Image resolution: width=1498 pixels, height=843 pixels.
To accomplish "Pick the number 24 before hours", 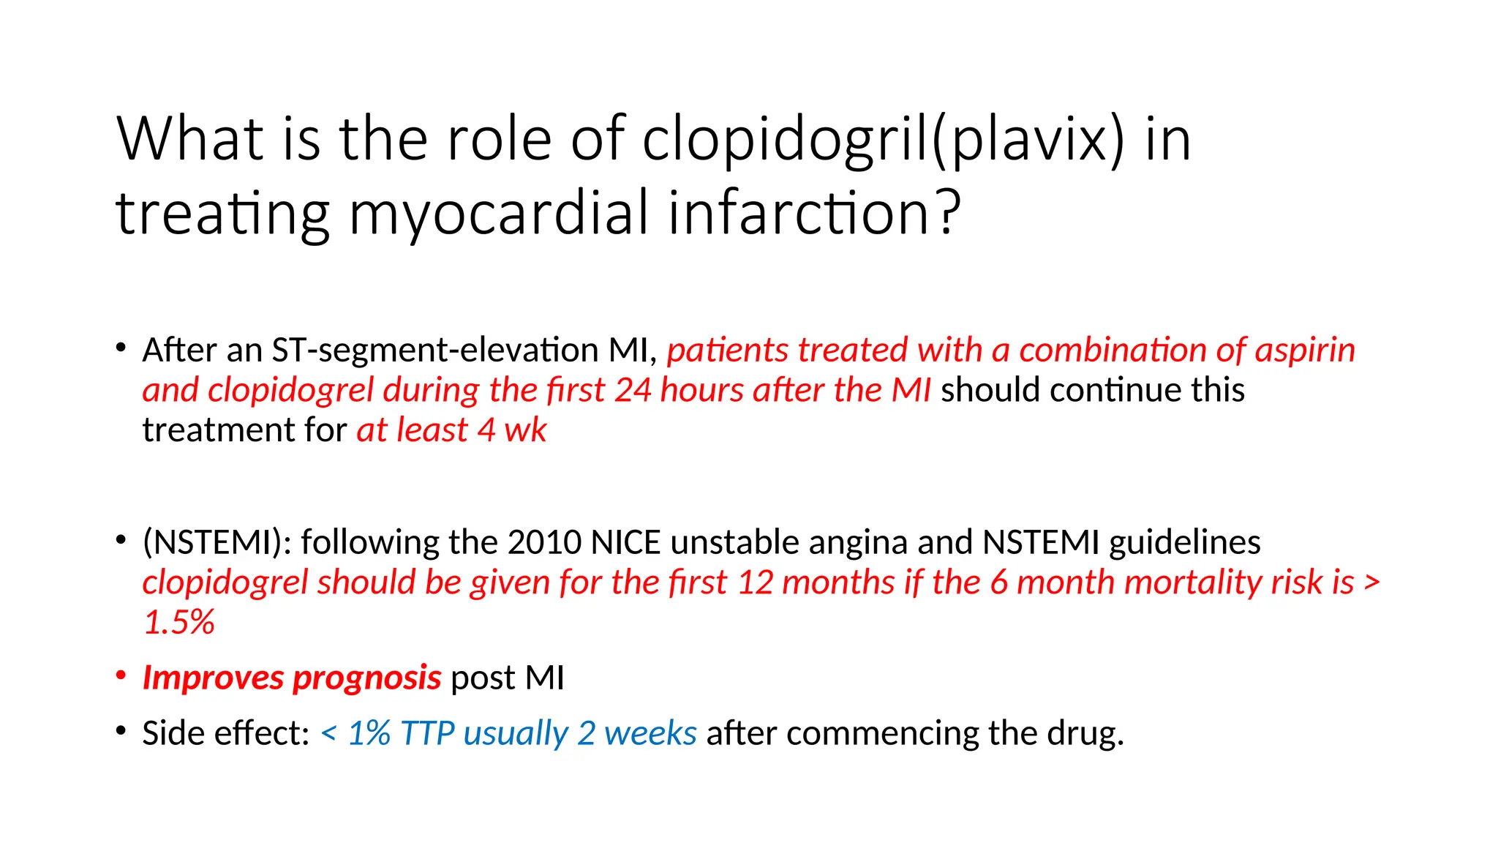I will click(x=633, y=390).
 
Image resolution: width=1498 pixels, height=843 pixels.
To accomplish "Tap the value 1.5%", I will click(x=178, y=623).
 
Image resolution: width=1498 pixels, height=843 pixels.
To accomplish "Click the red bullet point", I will click(x=121, y=675).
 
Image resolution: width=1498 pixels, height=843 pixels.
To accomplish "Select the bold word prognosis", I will click(x=367, y=678).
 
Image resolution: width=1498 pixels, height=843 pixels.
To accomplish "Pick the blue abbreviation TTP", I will click(x=427, y=733).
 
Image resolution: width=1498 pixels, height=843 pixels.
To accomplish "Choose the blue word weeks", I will click(x=650, y=733).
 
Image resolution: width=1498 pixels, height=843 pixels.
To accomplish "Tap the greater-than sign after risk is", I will click(x=1372, y=583).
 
